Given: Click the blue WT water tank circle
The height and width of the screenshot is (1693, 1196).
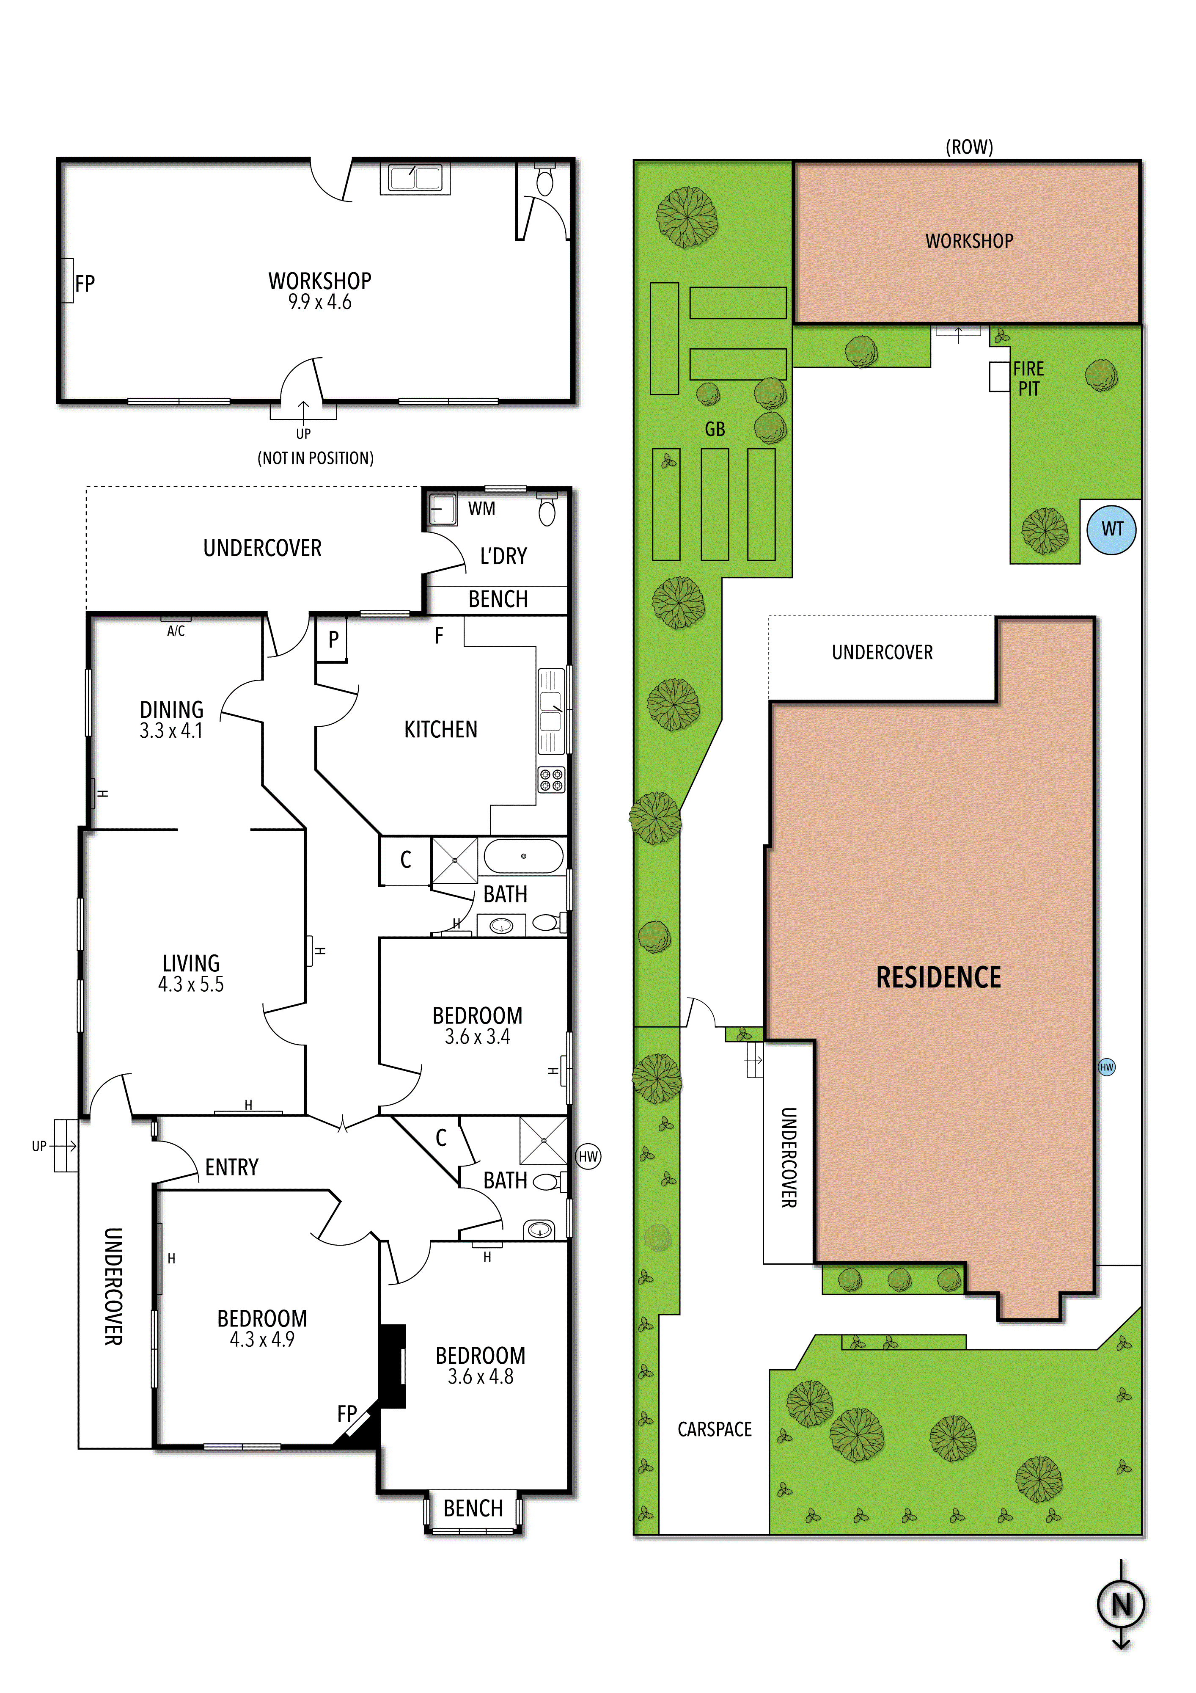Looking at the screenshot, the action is tap(1111, 529).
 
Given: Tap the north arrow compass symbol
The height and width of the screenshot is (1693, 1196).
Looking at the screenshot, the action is tap(1121, 1605).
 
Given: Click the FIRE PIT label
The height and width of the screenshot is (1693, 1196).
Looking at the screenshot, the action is tap(1029, 378).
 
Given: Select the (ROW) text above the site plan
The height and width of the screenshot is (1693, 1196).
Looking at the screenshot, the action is tap(969, 147).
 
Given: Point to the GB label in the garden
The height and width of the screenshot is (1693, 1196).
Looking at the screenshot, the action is tap(715, 429).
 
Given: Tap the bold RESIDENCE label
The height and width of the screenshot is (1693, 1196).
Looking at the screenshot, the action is tap(938, 978).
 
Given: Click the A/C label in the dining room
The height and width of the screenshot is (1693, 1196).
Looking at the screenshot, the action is tap(176, 631).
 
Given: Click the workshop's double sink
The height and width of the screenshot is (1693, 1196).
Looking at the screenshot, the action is tap(415, 178).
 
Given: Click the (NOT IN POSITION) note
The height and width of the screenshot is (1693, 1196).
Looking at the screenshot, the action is tap(316, 458).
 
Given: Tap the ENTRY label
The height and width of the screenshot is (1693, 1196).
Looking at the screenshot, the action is tap(231, 1167).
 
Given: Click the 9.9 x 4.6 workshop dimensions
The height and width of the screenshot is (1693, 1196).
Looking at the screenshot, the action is tap(320, 302).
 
